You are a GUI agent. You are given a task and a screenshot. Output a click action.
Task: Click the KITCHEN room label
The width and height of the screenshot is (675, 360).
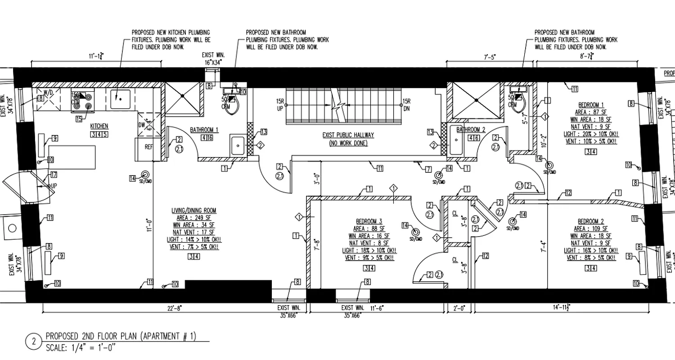pyautogui.click(x=99, y=126)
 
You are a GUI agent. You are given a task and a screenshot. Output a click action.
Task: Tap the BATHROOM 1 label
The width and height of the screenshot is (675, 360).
pyautogui.click(x=204, y=130)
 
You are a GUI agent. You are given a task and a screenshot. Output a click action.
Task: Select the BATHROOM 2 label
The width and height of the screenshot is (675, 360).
pyautogui.click(x=471, y=130)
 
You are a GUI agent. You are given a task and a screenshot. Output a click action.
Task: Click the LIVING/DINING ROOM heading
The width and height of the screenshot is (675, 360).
pyautogui.click(x=194, y=210)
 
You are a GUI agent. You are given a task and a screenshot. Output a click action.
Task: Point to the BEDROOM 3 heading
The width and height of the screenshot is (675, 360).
pyautogui.click(x=369, y=221)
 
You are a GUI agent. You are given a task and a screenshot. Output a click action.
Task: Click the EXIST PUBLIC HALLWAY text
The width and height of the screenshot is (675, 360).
pyautogui.click(x=348, y=135)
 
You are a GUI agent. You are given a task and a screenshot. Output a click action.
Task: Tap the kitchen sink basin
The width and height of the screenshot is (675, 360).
pyautogui.click(x=119, y=99)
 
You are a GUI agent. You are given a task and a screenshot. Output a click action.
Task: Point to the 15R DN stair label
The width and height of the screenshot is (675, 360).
pyautogui.click(x=406, y=105)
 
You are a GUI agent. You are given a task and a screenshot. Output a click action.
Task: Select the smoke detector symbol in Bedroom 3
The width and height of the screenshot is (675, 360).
pyautogui.click(x=415, y=232)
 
